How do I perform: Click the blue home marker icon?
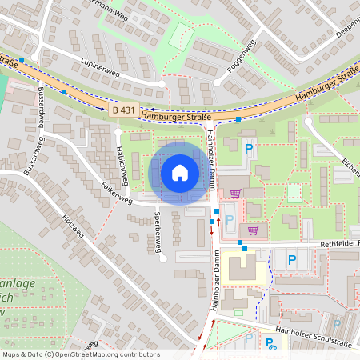click(180, 173)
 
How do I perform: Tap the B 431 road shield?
click(123, 109)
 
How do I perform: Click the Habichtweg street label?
click(122, 163)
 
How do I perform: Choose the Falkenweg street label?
click(115, 191)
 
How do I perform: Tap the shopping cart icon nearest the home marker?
click(235, 193)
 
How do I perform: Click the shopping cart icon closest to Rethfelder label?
click(254, 230)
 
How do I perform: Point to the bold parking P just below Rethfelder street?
click(291, 259)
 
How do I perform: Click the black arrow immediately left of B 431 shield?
click(102, 107)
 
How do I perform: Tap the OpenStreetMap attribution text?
click(80, 354)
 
